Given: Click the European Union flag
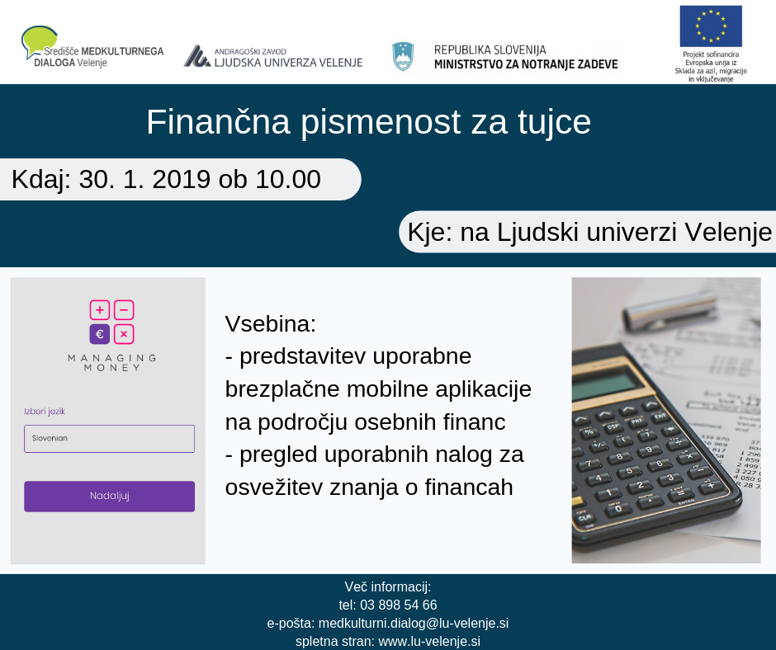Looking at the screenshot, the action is coord(711,26).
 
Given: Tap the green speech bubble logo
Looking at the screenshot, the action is coord(39,41).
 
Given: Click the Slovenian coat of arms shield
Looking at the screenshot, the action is coord(403,56).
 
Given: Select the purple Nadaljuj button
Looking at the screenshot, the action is coord(109,496).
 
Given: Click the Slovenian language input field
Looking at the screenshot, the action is coord(109,438).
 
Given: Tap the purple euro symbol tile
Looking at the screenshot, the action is coord(99,334).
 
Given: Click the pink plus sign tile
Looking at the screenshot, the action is coord(99,310).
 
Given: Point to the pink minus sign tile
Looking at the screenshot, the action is coord(124,310).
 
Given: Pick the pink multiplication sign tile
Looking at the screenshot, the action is coord(124,334).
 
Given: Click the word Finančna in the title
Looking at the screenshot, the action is coord(218,122).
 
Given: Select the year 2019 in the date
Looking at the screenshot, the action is coord(181,179).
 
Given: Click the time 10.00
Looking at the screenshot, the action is coord(288,179).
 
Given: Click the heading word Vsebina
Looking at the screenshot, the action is coord(270,324).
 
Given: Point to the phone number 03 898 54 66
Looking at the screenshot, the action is coord(399,605).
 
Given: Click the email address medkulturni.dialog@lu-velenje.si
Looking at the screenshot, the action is coord(414,624).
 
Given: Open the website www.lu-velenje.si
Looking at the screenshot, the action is coord(429,642).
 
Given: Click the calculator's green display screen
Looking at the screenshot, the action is coord(605,385).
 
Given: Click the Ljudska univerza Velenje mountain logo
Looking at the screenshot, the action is coord(196,56).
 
